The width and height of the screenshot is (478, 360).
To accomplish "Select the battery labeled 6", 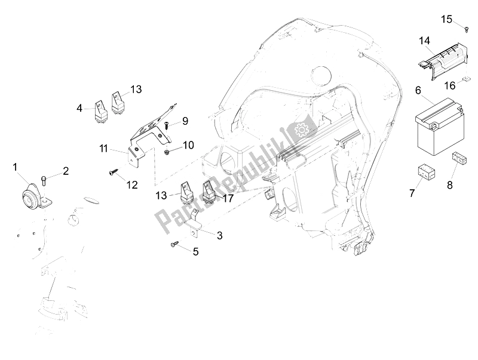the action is click(x=439, y=127).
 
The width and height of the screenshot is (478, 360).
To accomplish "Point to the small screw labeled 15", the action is click(x=467, y=29).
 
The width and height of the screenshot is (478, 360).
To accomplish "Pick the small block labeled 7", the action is click(x=426, y=172).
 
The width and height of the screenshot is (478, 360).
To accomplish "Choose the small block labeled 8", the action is click(x=459, y=158).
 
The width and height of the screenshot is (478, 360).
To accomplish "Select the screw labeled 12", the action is click(x=112, y=173).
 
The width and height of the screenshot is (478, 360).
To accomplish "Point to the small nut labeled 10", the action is click(x=167, y=152).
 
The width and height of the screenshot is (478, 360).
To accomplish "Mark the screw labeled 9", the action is click(x=167, y=125).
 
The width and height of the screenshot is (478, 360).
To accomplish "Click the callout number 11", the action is click(x=103, y=149).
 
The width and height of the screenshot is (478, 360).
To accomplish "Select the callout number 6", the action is click(x=418, y=90).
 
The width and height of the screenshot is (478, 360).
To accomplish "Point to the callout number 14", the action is click(x=425, y=41).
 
